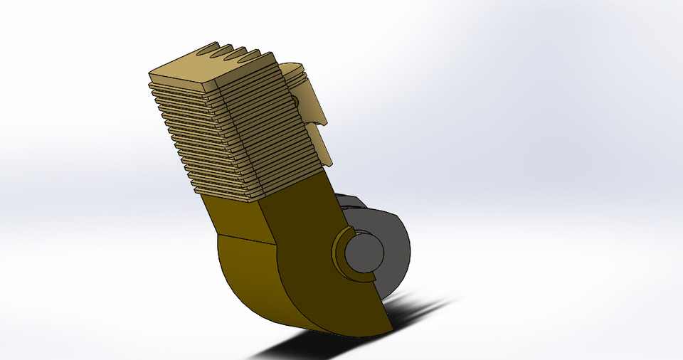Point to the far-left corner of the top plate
point(150,74)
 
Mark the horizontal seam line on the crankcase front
point(245,238)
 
